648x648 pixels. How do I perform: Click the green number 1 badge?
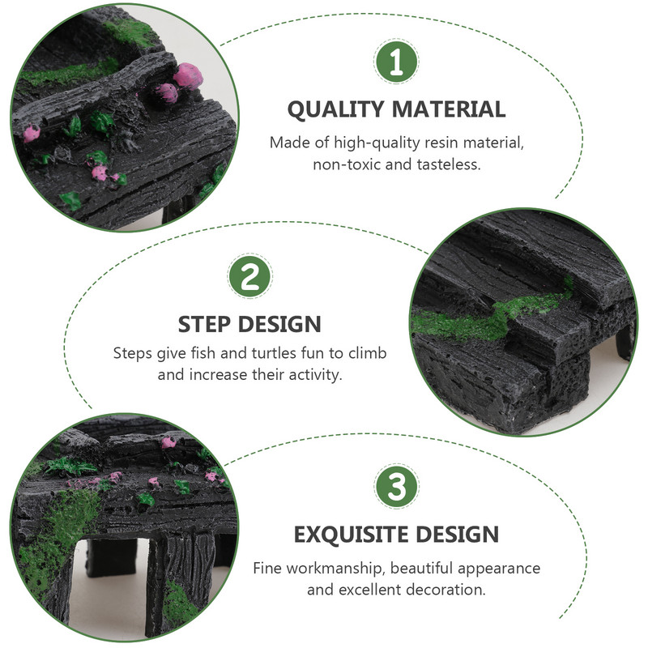click(396, 62)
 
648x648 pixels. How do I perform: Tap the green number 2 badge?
click(249, 276)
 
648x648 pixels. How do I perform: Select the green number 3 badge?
click(396, 486)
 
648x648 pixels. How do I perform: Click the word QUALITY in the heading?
click(335, 110)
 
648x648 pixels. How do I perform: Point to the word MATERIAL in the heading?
click(449, 109)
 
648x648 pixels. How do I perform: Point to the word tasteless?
click(449, 164)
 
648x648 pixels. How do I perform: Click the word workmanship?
click(335, 569)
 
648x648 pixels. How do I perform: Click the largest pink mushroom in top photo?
click(188, 76)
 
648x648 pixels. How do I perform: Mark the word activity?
click(315, 375)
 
